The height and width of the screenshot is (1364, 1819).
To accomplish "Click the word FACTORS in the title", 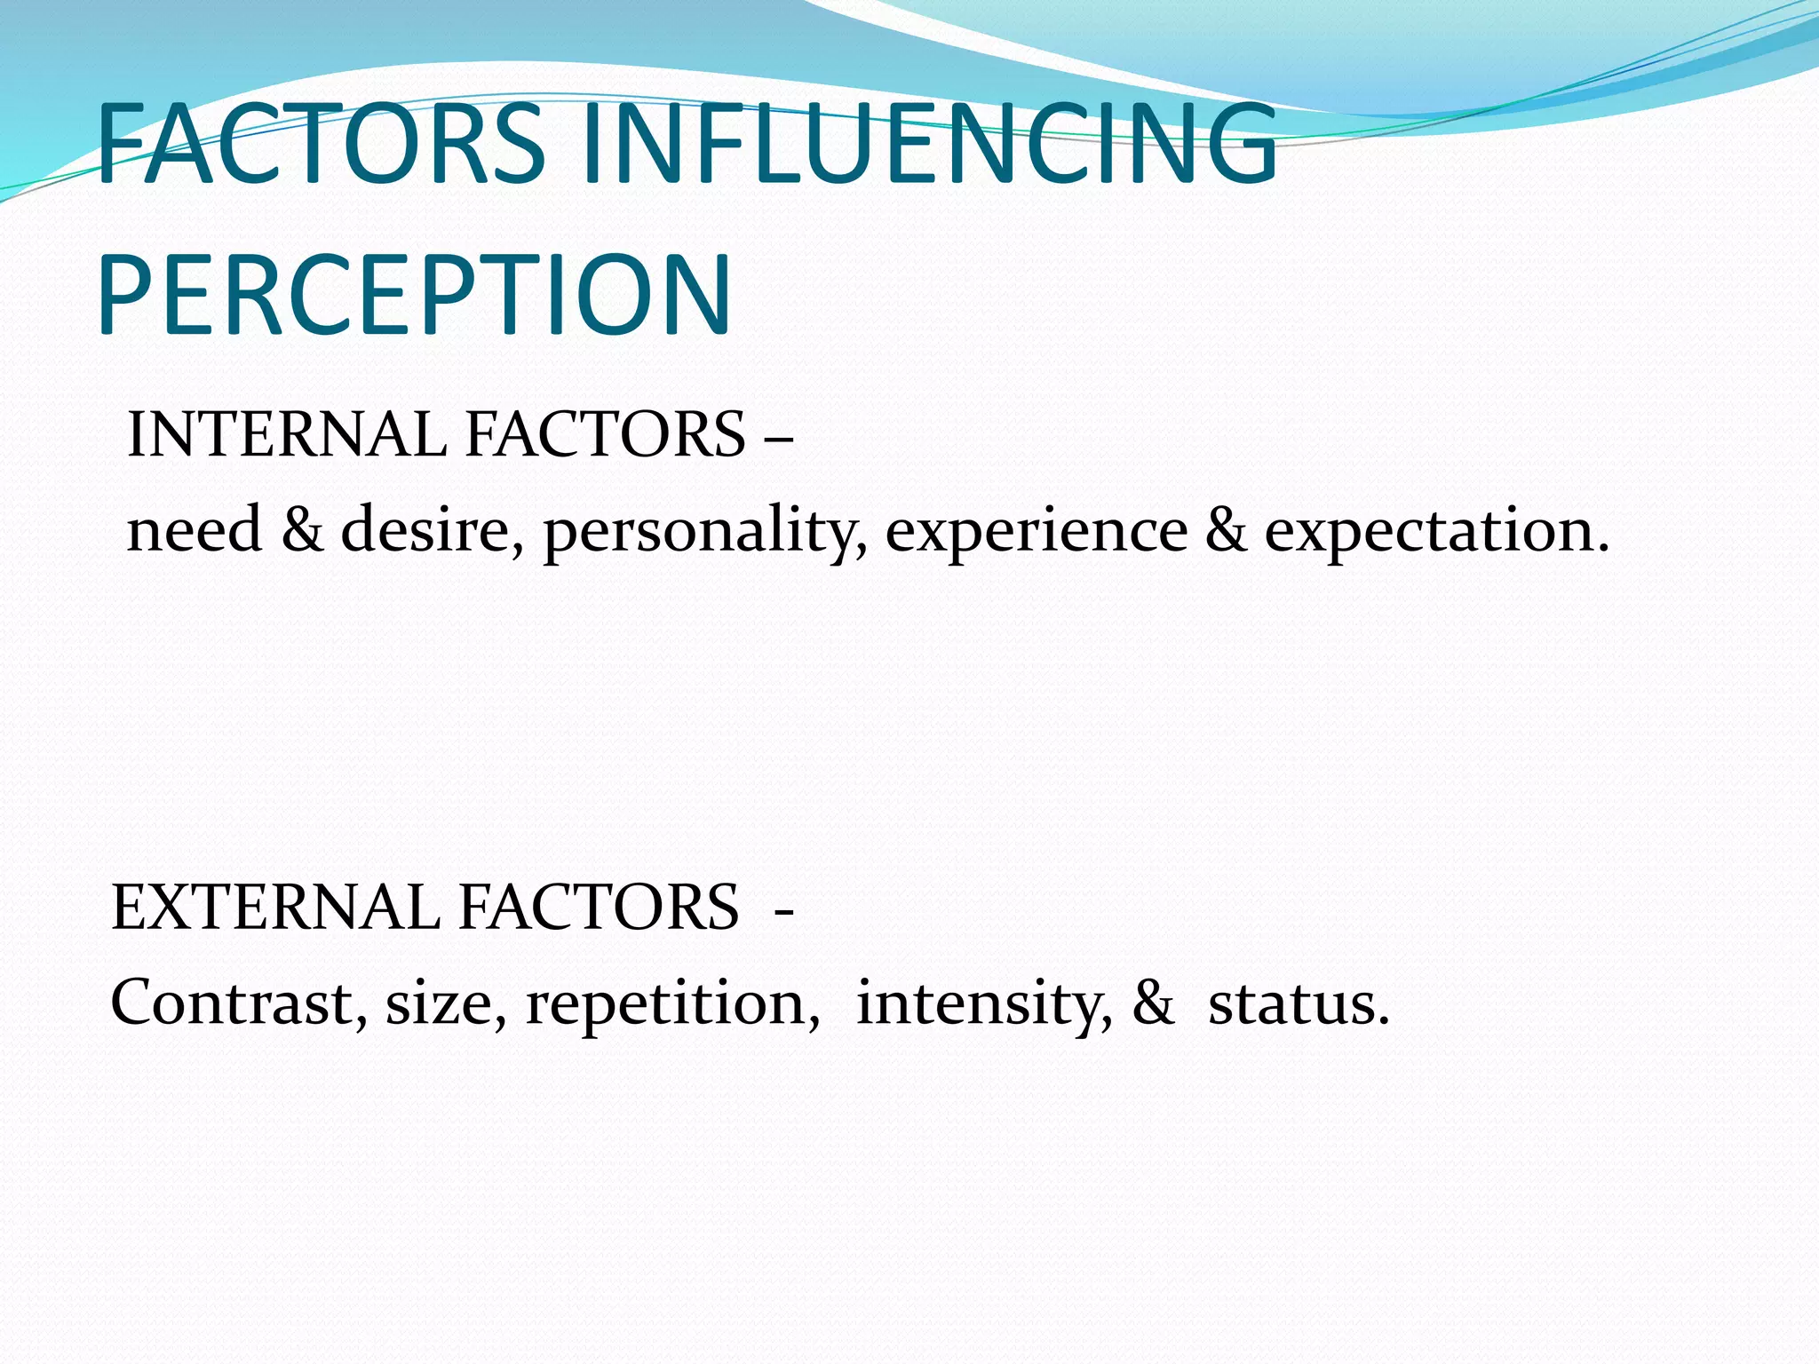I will [x=320, y=144].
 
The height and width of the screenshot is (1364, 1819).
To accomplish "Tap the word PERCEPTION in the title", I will [x=414, y=296].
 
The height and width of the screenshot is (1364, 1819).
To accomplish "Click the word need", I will [x=195, y=530].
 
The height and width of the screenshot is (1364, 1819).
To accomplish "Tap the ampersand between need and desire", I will [x=303, y=530].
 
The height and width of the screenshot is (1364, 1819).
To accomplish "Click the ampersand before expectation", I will [x=1227, y=530].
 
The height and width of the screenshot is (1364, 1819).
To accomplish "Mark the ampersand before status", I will [x=1153, y=1003].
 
